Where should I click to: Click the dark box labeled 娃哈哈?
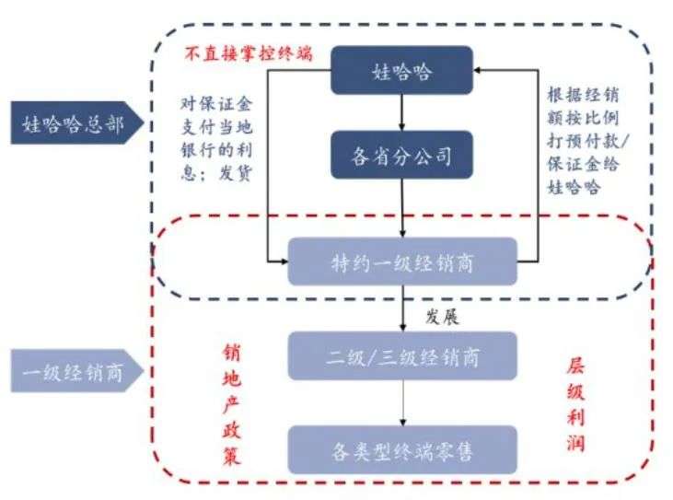(402, 69)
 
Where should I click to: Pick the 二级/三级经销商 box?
(402, 356)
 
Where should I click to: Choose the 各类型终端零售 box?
(402, 451)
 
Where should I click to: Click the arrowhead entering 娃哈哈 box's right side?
(480, 68)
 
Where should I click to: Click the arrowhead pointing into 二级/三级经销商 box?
(402, 329)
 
